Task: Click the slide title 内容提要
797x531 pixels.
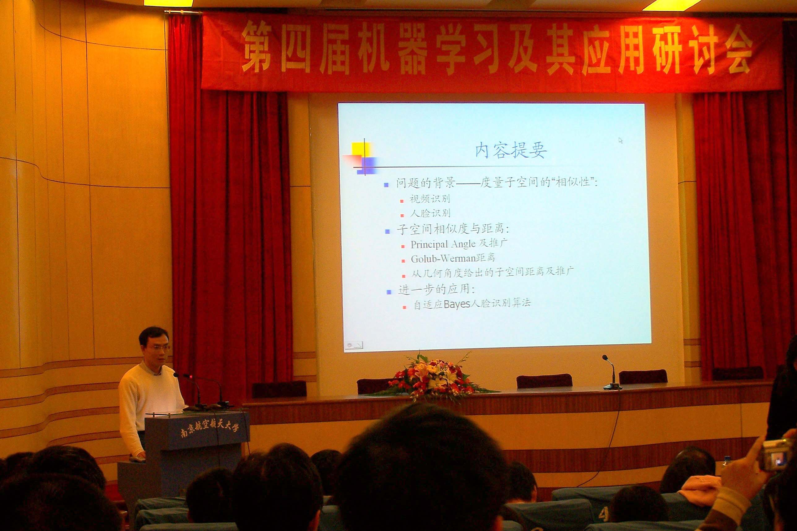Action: [x=511, y=151]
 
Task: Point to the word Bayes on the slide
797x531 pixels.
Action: [x=457, y=304]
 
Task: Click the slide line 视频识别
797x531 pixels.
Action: [x=430, y=199]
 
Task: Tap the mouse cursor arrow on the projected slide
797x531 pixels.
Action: [x=621, y=140]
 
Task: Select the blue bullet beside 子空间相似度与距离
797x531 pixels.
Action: [x=387, y=232]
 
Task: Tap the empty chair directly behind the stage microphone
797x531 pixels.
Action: [x=643, y=377]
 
